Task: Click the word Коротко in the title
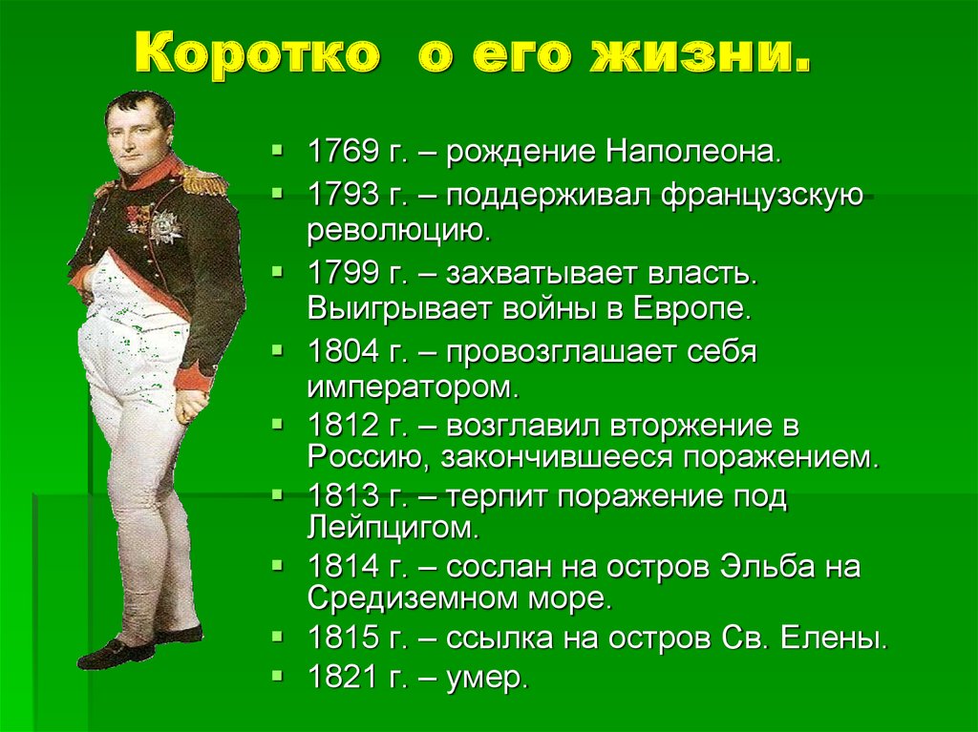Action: click(257, 53)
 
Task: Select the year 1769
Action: click(343, 152)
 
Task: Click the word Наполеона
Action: click(693, 152)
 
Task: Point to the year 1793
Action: click(343, 195)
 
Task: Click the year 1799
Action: click(343, 274)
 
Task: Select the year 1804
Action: click(343, 352)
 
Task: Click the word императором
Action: click(413, 387)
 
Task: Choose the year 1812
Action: click(343, 426)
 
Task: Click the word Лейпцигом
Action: click(393, 528)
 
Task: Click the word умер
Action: click(487, 679)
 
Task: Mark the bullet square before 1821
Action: click(278, 675)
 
